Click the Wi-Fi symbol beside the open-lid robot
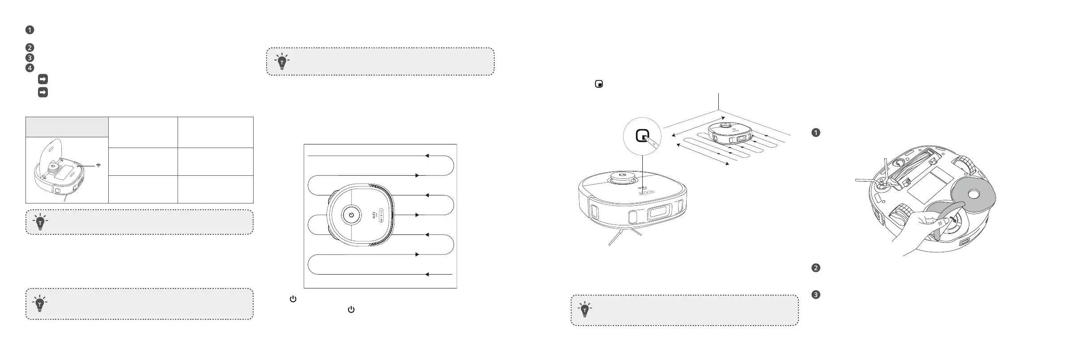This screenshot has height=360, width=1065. tap(98, 165)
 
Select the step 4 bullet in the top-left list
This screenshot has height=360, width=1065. tap(30, 68)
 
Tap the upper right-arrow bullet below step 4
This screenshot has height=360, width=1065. tap(43, 79)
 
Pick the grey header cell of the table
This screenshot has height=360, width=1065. tap(67, 127)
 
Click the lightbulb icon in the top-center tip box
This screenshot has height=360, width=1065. tap(282, 62)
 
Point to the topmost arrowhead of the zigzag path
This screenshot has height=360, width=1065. tap(427, 156)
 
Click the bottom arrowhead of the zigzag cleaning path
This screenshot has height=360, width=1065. tap(427, 274)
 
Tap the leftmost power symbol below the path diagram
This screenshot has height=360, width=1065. tap(293, 299)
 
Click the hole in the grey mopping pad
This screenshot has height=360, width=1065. tap(973, 195)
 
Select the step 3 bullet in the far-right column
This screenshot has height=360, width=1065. tap(815, 295)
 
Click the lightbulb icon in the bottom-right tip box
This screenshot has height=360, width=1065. tap(585, 309)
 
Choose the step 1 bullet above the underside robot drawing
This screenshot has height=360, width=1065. tap(815, 132)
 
